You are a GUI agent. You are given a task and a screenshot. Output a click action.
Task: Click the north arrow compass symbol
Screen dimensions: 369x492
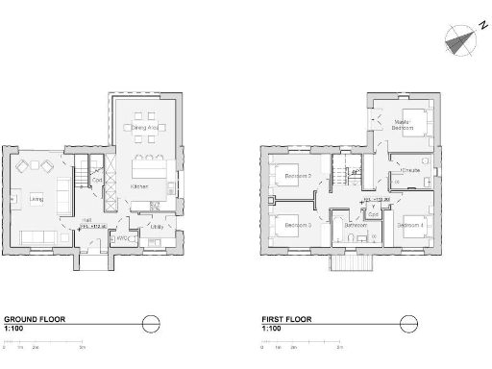tap(460, 39)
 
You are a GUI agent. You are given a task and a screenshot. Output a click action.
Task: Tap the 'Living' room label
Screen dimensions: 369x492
tap(36, 199)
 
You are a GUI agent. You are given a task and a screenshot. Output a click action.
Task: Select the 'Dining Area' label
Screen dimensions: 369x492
tap(146, 127)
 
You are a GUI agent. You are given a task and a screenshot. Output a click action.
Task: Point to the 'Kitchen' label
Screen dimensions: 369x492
tap(139, 185)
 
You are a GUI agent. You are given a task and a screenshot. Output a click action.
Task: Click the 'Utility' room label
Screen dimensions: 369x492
tap(157, 227)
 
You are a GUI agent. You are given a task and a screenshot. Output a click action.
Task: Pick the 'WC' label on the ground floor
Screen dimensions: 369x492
tap(122, 237)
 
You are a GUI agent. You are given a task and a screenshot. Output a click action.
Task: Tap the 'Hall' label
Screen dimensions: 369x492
tap(86, 220)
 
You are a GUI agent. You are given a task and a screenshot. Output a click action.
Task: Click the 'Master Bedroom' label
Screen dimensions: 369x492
tap(404, 124)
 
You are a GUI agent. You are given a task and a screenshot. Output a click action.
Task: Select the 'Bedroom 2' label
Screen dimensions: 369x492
tap(297, 176)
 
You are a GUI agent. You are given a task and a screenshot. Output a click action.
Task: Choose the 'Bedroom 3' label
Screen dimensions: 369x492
tap(295, 225)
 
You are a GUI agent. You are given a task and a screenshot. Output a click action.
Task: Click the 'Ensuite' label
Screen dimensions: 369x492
tap(399, 170)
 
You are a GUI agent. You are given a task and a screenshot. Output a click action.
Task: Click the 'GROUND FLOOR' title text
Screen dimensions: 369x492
tap(35, 319)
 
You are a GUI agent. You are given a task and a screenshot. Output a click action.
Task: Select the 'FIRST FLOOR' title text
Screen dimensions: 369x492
tap(286, 319)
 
